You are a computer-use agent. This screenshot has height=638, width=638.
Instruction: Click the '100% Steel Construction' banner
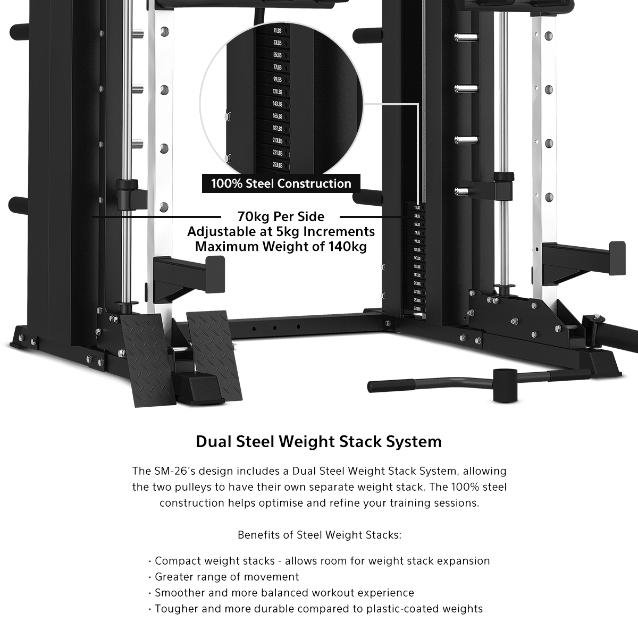[281, 183]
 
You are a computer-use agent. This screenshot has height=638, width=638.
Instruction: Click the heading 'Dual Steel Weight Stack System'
[319, 442]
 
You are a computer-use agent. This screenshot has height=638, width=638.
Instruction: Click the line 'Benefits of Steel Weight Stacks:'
[319, 535]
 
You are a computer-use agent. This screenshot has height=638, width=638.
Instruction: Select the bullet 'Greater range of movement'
[227, 577]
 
